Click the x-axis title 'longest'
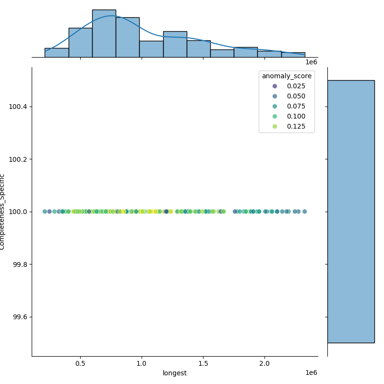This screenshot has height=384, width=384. click(175, 373)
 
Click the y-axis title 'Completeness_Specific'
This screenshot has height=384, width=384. click(3, 212)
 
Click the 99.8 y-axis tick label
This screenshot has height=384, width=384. click(20, 264)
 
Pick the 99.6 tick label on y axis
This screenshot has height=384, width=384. click(20, 317)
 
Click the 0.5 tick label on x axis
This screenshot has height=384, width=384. click(80, 364)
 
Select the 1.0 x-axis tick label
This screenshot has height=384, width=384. click(142, 364)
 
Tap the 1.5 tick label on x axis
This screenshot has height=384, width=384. click(203, 364)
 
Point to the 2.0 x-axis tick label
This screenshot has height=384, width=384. click(264, 364)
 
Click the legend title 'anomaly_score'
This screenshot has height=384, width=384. click(287, 76)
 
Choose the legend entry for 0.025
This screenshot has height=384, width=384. click(285, 86)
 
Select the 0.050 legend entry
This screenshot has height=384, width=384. click(285, 96)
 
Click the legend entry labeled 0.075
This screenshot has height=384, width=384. click(285, 107)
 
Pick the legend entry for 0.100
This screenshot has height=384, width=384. click(285, 117)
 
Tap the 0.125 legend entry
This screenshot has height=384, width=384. click(285, 127)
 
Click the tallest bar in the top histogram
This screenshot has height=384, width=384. click(104, 34)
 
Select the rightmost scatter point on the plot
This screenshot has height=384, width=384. click(304, 212)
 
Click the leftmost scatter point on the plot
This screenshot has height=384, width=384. click(45, 212)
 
